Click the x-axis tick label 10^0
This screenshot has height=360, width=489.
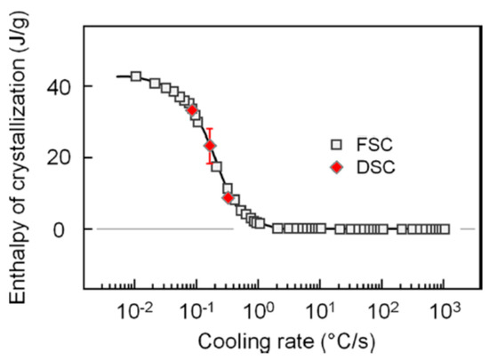coord(259,311)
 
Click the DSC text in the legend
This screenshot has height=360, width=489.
coord(367,166)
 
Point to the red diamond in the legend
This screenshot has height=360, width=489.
coord(335,166)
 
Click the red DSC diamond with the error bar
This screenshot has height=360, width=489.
coord(210,146)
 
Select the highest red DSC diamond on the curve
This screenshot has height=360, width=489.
coord(192,110)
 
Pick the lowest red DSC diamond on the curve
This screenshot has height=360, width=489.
coord(228,197)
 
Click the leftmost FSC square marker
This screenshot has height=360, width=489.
coord(136,76)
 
